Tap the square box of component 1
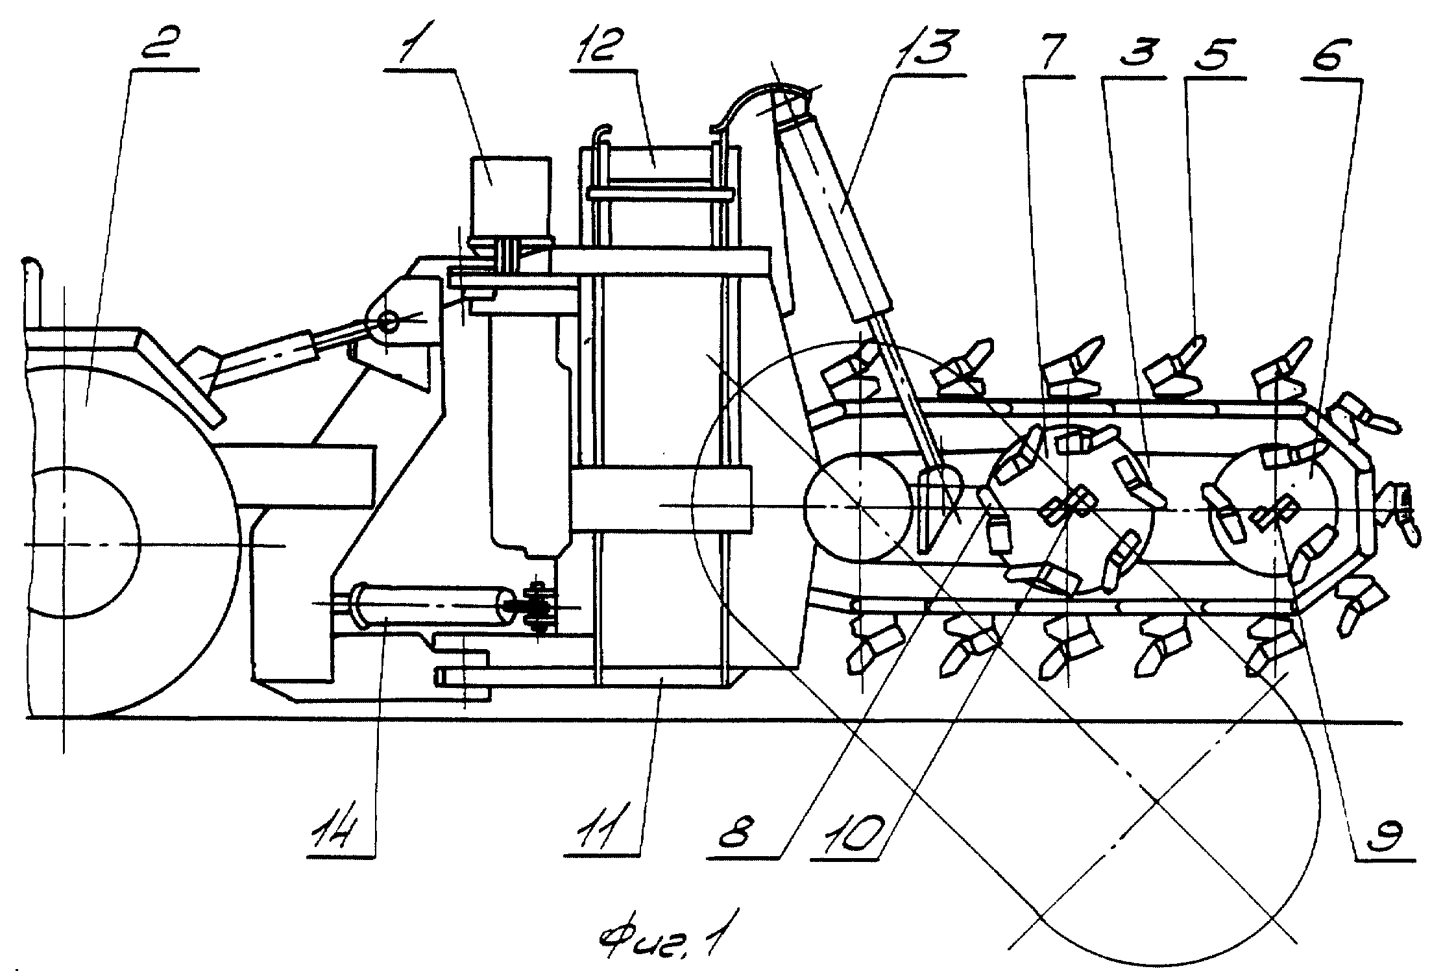509,197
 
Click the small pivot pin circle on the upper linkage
390,321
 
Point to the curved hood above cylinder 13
765,106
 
